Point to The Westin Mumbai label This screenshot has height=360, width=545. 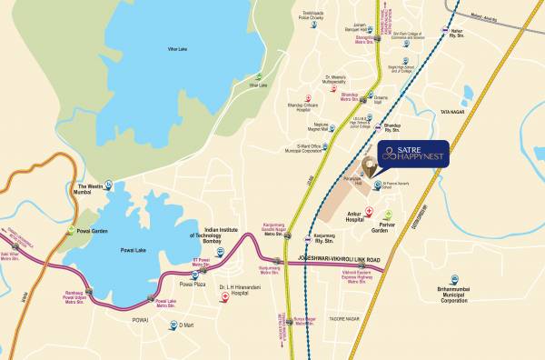click(x=90, y=190)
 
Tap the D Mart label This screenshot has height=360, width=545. click(x=187, y=325)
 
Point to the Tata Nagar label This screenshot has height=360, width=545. click(x=452, y=112)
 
